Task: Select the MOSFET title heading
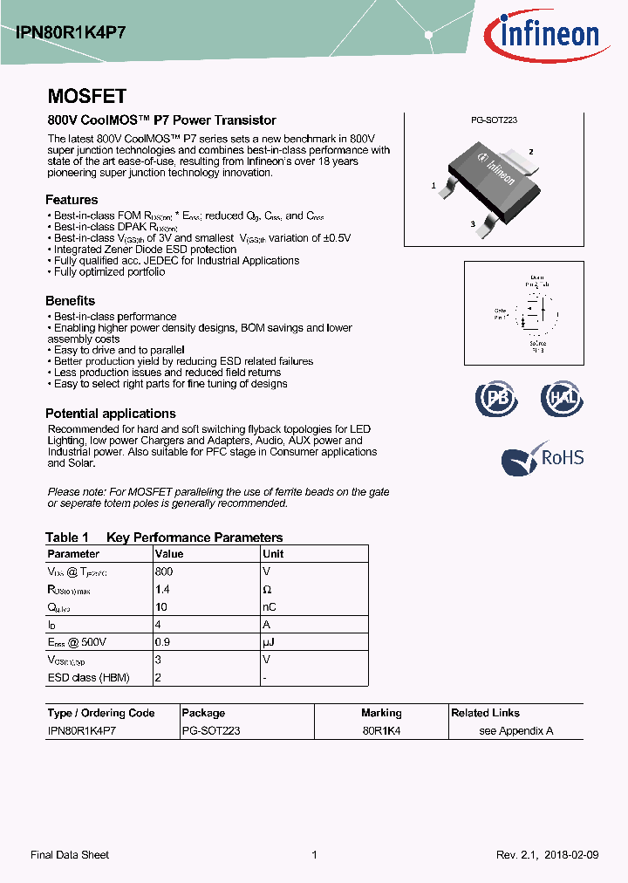coord(86,96)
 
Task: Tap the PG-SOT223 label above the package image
coord(494,120)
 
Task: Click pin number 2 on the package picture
coord(529,152)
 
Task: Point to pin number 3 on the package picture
coord(472,225)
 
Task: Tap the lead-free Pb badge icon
coord(495,399)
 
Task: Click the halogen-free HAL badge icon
coord(561,399)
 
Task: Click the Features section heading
coord(72,199)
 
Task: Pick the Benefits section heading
coord(70,301)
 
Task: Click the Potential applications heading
coord(110,414)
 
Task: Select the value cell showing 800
coord(164,572)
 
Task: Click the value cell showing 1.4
coord(163,590)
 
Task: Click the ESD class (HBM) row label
coord(85,678)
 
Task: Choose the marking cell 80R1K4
coord(381,731)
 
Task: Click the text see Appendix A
coord(516,731)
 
